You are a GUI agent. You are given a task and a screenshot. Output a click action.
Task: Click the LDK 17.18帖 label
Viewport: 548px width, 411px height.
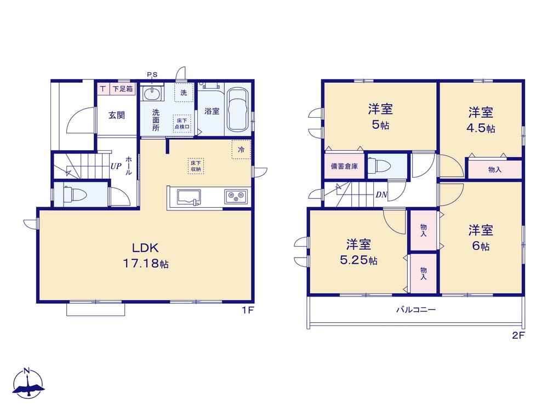point(145,255)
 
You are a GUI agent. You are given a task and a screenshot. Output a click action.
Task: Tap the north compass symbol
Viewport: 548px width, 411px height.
point(28,383)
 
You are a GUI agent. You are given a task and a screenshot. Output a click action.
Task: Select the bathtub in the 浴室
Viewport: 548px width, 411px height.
point(237,110)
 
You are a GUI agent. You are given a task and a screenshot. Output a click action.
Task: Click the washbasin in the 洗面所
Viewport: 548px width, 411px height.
point(152,93)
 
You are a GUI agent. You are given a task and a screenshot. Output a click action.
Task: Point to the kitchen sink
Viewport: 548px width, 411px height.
point(189,197)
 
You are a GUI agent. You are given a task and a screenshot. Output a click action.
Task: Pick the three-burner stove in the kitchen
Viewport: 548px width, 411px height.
point(236,196)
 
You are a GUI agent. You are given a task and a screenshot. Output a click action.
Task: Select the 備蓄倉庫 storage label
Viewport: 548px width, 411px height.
point(344,167)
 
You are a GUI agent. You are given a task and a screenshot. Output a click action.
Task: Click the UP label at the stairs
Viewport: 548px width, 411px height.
point(116,166)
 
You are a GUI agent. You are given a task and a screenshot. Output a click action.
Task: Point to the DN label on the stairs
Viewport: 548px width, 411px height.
point(381,195)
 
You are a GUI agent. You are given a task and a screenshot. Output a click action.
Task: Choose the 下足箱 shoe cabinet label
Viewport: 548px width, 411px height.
point(123,89)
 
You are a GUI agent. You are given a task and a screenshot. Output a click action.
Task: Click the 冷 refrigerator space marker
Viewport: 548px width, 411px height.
point(241,150)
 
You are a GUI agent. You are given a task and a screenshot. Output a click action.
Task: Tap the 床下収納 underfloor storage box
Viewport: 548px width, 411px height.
point(196,166)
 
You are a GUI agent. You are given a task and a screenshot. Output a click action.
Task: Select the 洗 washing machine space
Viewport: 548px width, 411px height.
point(184,93)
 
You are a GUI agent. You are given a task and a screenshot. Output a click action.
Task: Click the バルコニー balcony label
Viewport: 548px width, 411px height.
point(416,310)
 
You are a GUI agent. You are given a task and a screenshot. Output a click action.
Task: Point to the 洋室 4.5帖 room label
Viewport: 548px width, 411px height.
point(481,120)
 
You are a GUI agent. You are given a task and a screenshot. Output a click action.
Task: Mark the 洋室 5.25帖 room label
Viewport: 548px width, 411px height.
point(358,252)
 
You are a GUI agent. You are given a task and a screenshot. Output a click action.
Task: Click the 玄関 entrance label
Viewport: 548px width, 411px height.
point(116,115)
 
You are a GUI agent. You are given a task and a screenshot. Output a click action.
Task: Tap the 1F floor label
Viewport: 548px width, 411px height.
point(248,310)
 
